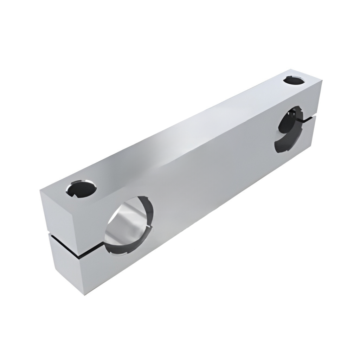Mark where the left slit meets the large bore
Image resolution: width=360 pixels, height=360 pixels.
pos(103,242)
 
